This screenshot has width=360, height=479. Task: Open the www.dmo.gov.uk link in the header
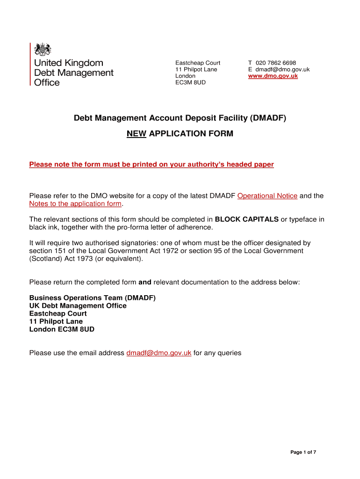[x=273, y=76]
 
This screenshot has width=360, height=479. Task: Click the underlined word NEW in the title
[x=137, y=134]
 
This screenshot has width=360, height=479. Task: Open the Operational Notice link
[x=267, y=196]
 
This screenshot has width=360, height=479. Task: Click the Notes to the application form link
[x=75, y=203]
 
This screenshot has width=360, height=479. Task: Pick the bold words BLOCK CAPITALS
[x=246, y=219]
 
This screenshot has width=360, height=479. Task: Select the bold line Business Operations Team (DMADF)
[x=92, y=298]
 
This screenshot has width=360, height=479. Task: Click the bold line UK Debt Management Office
[x=78, y=305]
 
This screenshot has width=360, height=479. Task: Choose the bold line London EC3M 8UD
[x=62, y=329]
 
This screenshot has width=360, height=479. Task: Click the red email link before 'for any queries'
[x=159, y=353]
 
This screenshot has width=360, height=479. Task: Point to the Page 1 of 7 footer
[x=303, y=452]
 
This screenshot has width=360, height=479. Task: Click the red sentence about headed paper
[x=151, y=164]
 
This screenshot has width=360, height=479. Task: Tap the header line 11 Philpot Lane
[x=196, y=69]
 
